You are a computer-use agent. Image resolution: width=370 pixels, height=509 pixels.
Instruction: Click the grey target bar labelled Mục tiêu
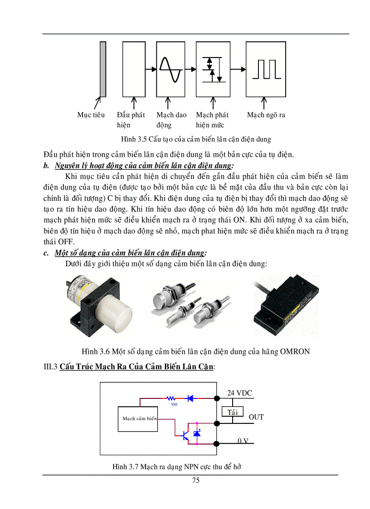(103, 69)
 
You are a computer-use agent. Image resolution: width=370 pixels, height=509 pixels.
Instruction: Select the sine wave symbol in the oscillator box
(170, 69)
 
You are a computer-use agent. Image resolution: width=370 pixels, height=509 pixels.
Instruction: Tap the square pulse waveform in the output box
(265, 69)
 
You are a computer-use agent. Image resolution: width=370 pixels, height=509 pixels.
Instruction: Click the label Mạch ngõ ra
(266, 115)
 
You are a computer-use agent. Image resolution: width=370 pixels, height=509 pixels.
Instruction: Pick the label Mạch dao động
(171, 120)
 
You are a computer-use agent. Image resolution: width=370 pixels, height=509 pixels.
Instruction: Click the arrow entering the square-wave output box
(238, 69)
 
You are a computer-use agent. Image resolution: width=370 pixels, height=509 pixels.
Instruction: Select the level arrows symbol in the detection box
(213, 69)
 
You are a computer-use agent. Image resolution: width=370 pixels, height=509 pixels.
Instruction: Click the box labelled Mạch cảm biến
(140, 418)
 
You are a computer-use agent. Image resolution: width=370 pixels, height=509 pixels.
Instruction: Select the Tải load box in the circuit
(232, 412)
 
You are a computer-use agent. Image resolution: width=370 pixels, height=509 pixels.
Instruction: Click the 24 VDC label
(239, 393)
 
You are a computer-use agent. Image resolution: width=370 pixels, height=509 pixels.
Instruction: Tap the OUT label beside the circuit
(256, 417)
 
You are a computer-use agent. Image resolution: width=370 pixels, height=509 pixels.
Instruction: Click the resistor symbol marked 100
(171, 399)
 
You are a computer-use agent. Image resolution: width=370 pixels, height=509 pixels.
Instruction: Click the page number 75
(195, 480)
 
